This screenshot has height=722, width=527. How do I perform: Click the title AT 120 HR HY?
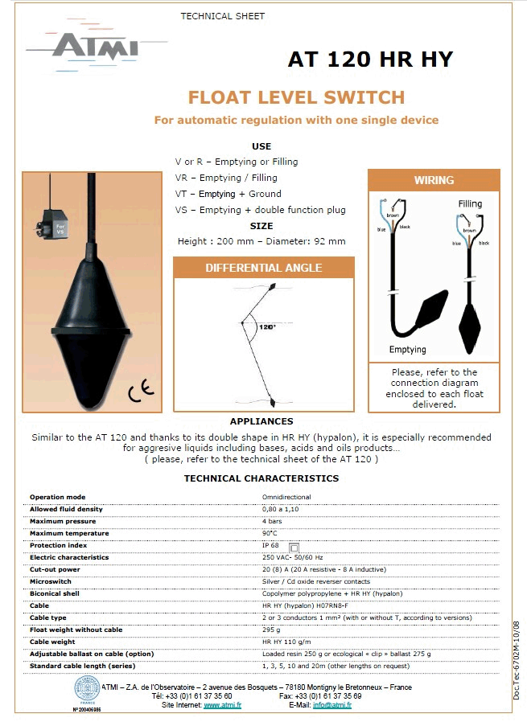tap(370, 59)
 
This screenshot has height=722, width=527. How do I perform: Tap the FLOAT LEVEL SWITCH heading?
tap(296, 98)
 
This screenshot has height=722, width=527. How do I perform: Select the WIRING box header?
tap(434, 180)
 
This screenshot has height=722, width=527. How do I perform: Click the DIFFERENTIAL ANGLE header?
tap(264, 268)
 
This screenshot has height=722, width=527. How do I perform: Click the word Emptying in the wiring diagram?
tap(408, 350)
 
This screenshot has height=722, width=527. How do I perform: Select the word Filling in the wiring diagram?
tap(471, 204)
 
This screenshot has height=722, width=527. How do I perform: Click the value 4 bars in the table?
tap(272, 521)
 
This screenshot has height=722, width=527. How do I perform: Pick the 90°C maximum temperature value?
tap(270, 533)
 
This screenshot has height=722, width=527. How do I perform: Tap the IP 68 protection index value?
tap(272, 545)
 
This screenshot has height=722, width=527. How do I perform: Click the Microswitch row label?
tap(50, 581)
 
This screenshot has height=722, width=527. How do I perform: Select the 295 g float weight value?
tap(270, 630)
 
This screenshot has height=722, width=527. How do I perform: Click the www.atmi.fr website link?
tap(222, 705)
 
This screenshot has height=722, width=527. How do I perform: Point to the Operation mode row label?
tap(57, 497)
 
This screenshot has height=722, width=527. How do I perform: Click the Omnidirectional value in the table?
tap(286, 497)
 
